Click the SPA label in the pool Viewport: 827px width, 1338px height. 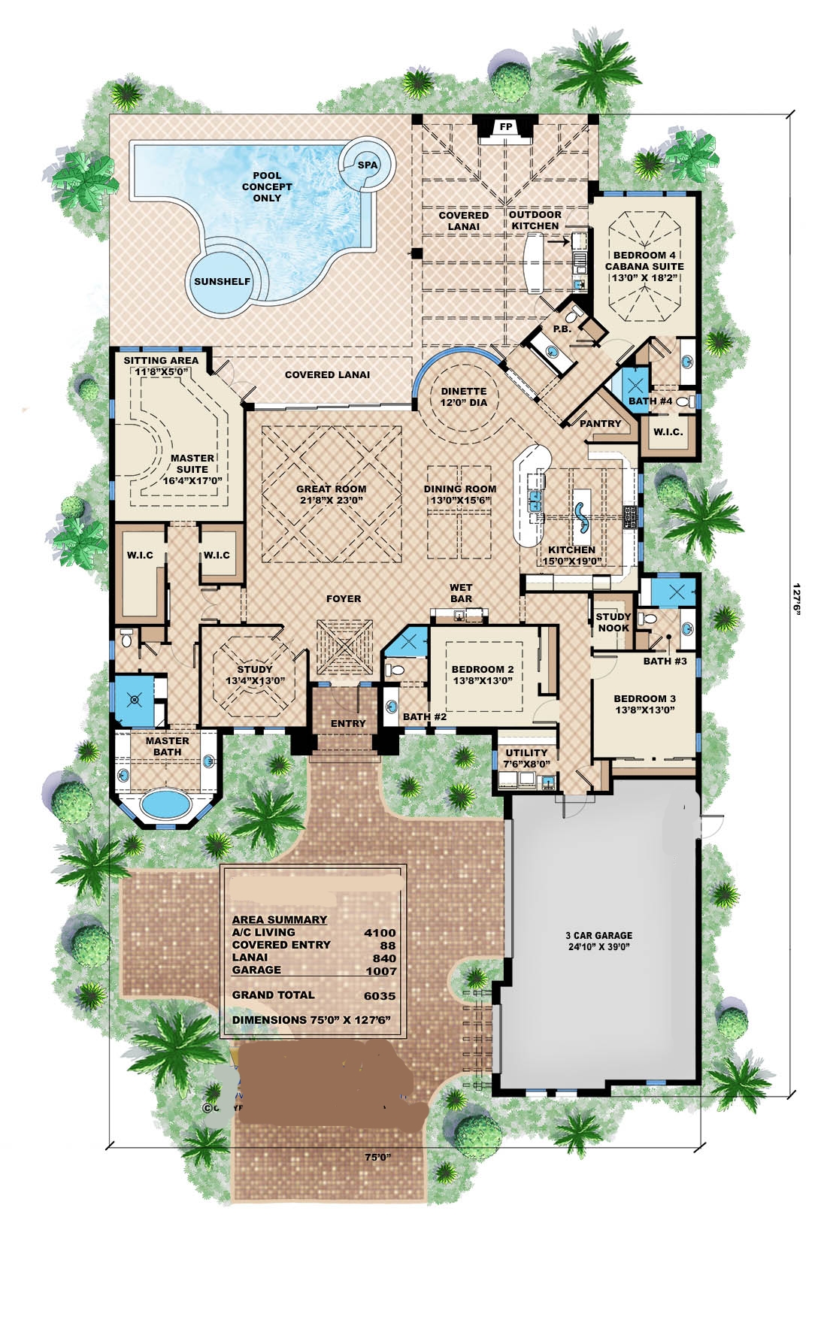coord(368,165)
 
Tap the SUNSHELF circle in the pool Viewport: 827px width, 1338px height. coord(222,282)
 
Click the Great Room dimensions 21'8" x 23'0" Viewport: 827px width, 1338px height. coord(331,500)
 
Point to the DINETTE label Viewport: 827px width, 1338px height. coord(464,392)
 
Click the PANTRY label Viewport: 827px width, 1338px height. coord(600,424)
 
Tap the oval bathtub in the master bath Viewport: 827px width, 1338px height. coord(166,805)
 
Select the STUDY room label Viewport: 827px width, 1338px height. coord(255,669)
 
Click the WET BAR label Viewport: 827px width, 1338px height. coord(461,593)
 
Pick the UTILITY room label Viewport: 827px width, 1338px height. coord(526,752)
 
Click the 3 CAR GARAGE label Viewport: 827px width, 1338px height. coord(598,936)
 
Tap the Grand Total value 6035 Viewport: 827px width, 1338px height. coord(380,996)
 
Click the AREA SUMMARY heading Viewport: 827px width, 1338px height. coord(279,919)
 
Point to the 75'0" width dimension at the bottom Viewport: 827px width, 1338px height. coord(377,1158)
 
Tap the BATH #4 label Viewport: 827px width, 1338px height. coord(650,401)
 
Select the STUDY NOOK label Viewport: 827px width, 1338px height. coord(613,622)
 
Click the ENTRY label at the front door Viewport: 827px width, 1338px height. coord(348,723)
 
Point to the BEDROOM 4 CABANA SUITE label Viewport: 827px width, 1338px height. coord(644,261)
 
